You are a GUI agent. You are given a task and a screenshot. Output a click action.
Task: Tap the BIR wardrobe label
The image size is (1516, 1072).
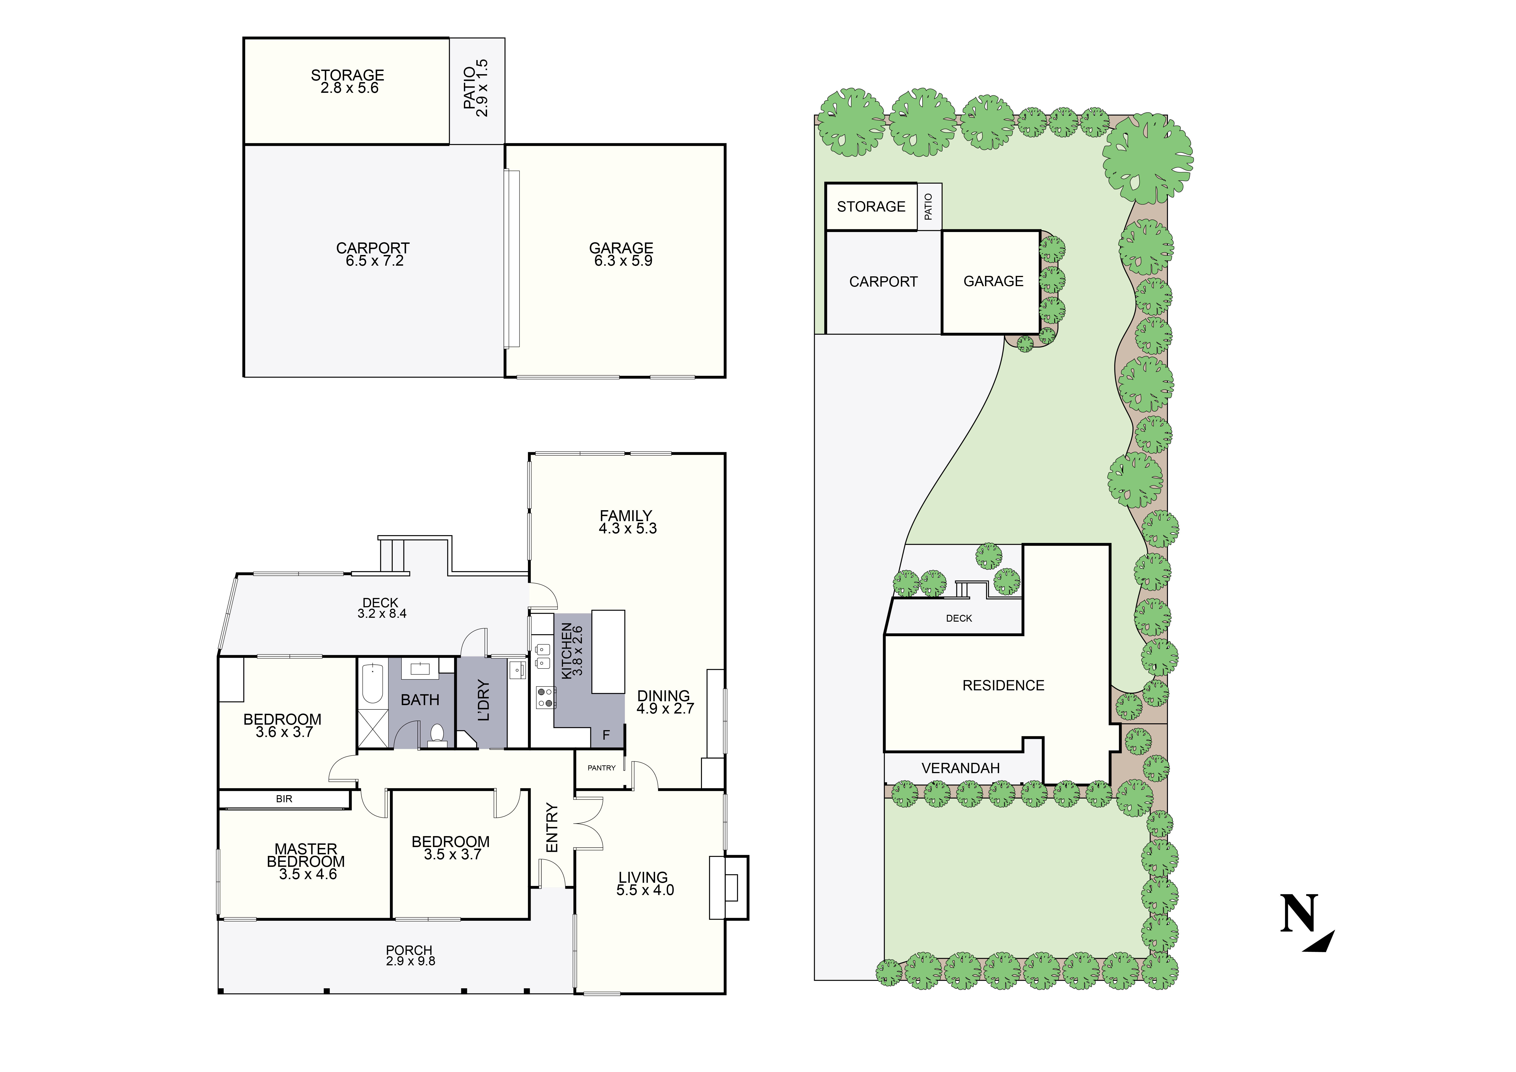click(x=284, y=799)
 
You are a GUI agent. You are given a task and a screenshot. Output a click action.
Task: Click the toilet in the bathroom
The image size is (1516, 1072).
click(x=436, y=734)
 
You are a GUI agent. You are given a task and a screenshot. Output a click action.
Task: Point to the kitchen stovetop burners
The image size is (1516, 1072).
click(x=545, y=697)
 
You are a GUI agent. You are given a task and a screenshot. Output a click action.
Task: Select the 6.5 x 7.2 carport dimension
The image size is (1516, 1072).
click(x=374, y=261)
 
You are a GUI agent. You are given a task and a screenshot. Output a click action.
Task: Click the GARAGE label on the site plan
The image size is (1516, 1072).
click(x=993, y=281)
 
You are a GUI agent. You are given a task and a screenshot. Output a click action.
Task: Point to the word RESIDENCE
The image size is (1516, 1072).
click(x=1003, y=686)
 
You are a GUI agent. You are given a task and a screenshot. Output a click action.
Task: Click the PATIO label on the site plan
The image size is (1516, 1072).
click(x=928, y=207)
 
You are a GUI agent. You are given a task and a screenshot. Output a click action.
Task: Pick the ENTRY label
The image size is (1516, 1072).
click(x=552, y=828)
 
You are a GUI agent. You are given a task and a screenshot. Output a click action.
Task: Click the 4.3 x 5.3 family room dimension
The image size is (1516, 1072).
click(x=627, y=528)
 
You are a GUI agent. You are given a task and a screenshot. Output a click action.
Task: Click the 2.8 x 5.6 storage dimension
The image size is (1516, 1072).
click(x=349, y=88)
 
